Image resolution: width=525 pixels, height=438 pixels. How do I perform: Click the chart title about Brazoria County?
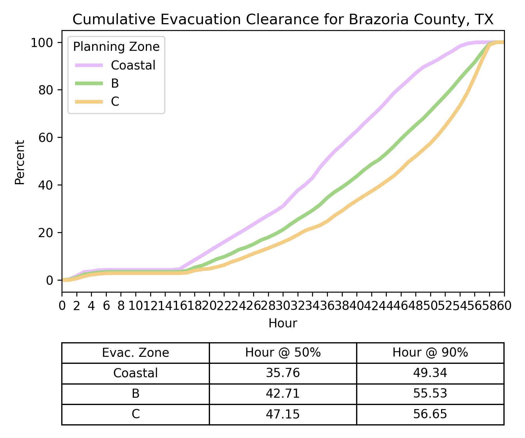[283, 20]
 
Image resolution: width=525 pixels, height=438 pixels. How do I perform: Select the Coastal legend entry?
[133, 65]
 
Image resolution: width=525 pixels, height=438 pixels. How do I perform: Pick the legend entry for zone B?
[115, 84]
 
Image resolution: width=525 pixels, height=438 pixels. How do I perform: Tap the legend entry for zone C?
[115, 102]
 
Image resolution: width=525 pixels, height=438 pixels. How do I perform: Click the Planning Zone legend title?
[116, 47]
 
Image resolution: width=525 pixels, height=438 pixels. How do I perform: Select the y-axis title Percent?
[20, 162]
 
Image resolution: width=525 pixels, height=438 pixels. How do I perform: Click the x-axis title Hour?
[283, 323]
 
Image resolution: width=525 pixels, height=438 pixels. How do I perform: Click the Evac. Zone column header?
[135, 353]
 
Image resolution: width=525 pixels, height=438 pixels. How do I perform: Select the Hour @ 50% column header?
[283, 353]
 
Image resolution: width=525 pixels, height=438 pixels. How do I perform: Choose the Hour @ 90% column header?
[430, 353]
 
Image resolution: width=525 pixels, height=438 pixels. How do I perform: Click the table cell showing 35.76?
[283, 373]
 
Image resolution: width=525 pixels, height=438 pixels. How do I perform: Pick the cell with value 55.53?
[430, 394]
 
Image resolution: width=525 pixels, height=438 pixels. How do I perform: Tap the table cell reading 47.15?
[283, 414]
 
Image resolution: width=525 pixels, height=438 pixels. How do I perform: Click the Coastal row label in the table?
[135, 373]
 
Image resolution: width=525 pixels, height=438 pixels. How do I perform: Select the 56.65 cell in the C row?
[430, 414]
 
